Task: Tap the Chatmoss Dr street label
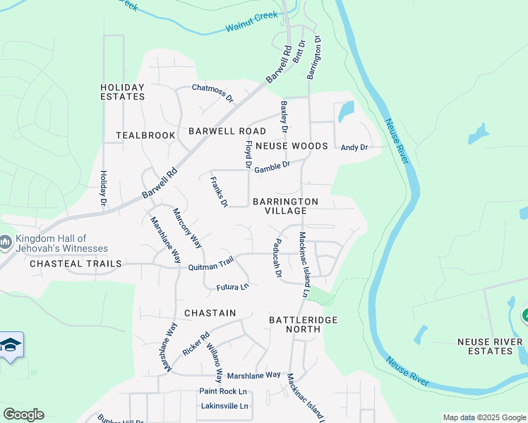pos(212,92)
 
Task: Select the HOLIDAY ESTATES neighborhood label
pos(122,92)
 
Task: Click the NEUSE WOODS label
pos(292,146)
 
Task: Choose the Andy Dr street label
pos(354,147)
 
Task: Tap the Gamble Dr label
pos(272,167)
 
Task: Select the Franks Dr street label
pos(219,191)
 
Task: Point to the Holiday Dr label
pos(103,188)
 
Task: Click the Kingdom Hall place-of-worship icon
pos(6,243)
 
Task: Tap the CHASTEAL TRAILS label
pos(76,264)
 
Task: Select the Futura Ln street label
pos(233,287)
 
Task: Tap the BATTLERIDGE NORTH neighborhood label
pos(304,325)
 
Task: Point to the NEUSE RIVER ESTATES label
pos(490,347)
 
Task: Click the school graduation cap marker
pos(11,345)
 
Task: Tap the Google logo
pos(23,414)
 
